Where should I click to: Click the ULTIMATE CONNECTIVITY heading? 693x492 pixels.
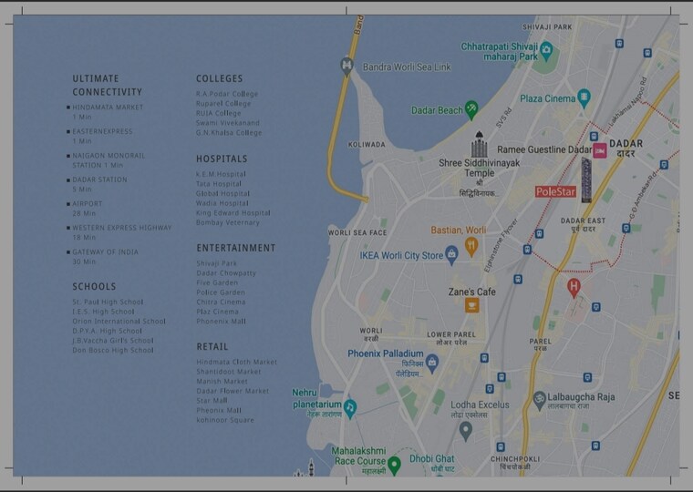[107, 85]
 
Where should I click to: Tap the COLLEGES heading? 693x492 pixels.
[219, 79]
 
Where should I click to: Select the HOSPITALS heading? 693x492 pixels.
[222, 159]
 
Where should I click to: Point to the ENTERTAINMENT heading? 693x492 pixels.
[235, 248]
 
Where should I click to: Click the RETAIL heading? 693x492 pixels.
[212, 346]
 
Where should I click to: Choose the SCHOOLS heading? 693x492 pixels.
[94, 287]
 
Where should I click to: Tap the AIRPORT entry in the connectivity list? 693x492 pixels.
[88, 204]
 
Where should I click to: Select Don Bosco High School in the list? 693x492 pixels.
[113, 350]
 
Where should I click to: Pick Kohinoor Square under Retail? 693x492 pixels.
[225, 420]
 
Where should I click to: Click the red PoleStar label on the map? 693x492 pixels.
[555, 192]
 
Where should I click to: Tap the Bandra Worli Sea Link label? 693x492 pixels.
[407, 67]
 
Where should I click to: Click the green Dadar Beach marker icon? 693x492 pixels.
[471, 109]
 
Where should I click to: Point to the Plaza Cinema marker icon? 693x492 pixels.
[584, 97]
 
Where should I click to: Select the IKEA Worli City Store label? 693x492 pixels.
[400, 256]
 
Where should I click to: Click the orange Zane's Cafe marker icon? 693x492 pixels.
[471, 305]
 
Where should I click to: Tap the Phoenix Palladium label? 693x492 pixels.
[386, 354]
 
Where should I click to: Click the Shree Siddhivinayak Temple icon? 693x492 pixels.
[479, 146]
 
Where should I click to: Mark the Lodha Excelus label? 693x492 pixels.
[480, 405]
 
